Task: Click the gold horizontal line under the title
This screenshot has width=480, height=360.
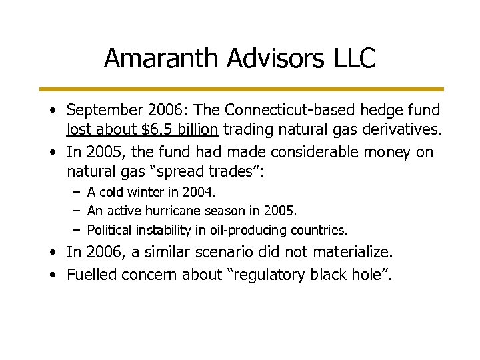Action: pyautogui.click(x=240, y=89)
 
